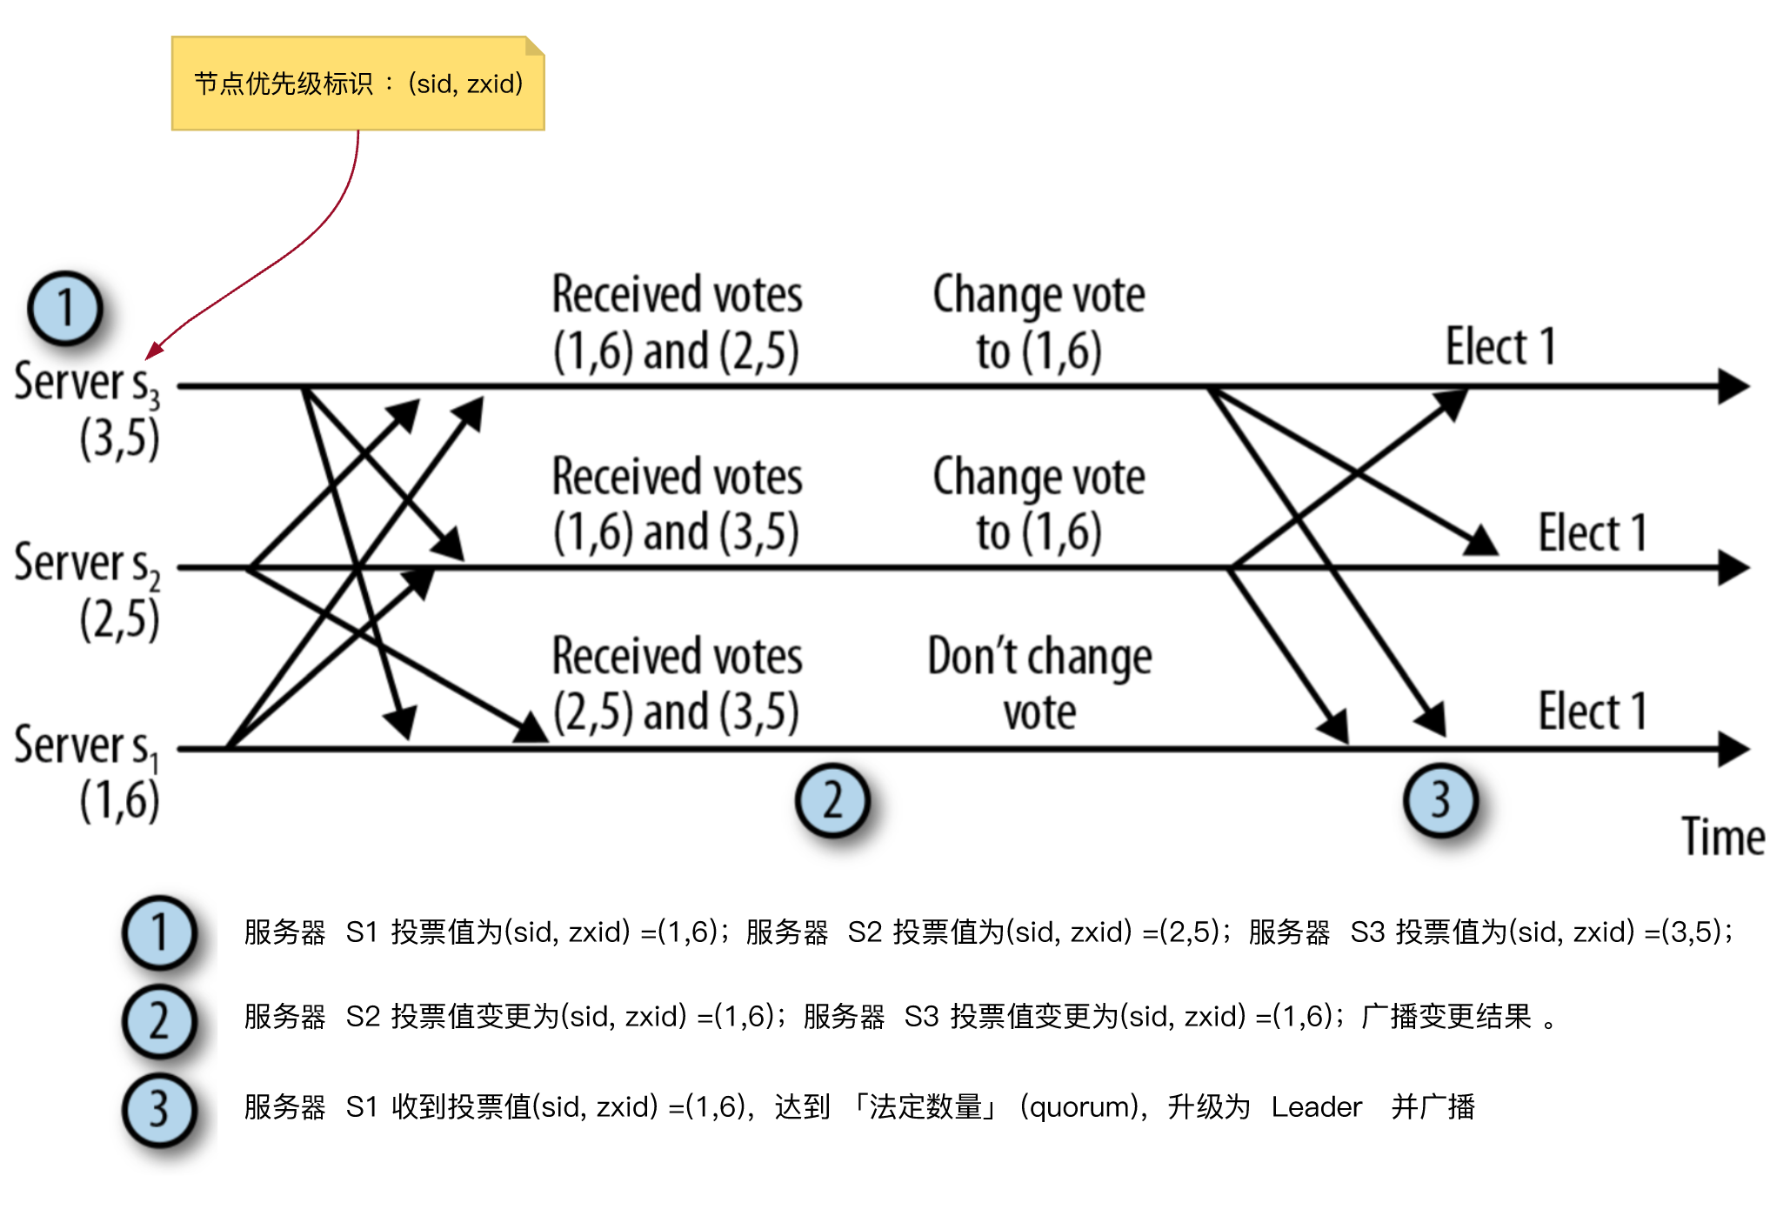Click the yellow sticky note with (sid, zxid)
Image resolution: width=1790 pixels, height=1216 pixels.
[x=357, y=84]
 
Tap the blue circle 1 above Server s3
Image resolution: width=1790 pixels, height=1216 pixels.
[x=65, y=309]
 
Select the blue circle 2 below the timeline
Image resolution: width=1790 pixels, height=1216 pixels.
[x=832, y=800]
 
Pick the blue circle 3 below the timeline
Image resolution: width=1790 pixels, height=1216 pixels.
[x=1440, y=800]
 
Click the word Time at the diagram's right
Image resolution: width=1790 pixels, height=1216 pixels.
[x=1722, y=838]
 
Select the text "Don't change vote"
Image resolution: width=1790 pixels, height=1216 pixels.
[x=1039, y=684]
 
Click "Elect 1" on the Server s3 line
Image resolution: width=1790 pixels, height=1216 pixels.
[x=1499, y=347]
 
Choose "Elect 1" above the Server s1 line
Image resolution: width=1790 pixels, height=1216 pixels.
[x=1592, y=712]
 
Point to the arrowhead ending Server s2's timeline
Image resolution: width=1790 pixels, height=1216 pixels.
[x=1734, y=568]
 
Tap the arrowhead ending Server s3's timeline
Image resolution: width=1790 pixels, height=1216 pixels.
[x=1734, y=386]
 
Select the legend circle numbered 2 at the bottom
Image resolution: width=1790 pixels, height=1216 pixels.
[x=159, y=1021]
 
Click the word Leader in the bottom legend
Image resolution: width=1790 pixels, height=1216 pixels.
[x=1316, y=1107]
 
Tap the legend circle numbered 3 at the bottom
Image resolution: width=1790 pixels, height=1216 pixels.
[x=159, y=1111]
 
